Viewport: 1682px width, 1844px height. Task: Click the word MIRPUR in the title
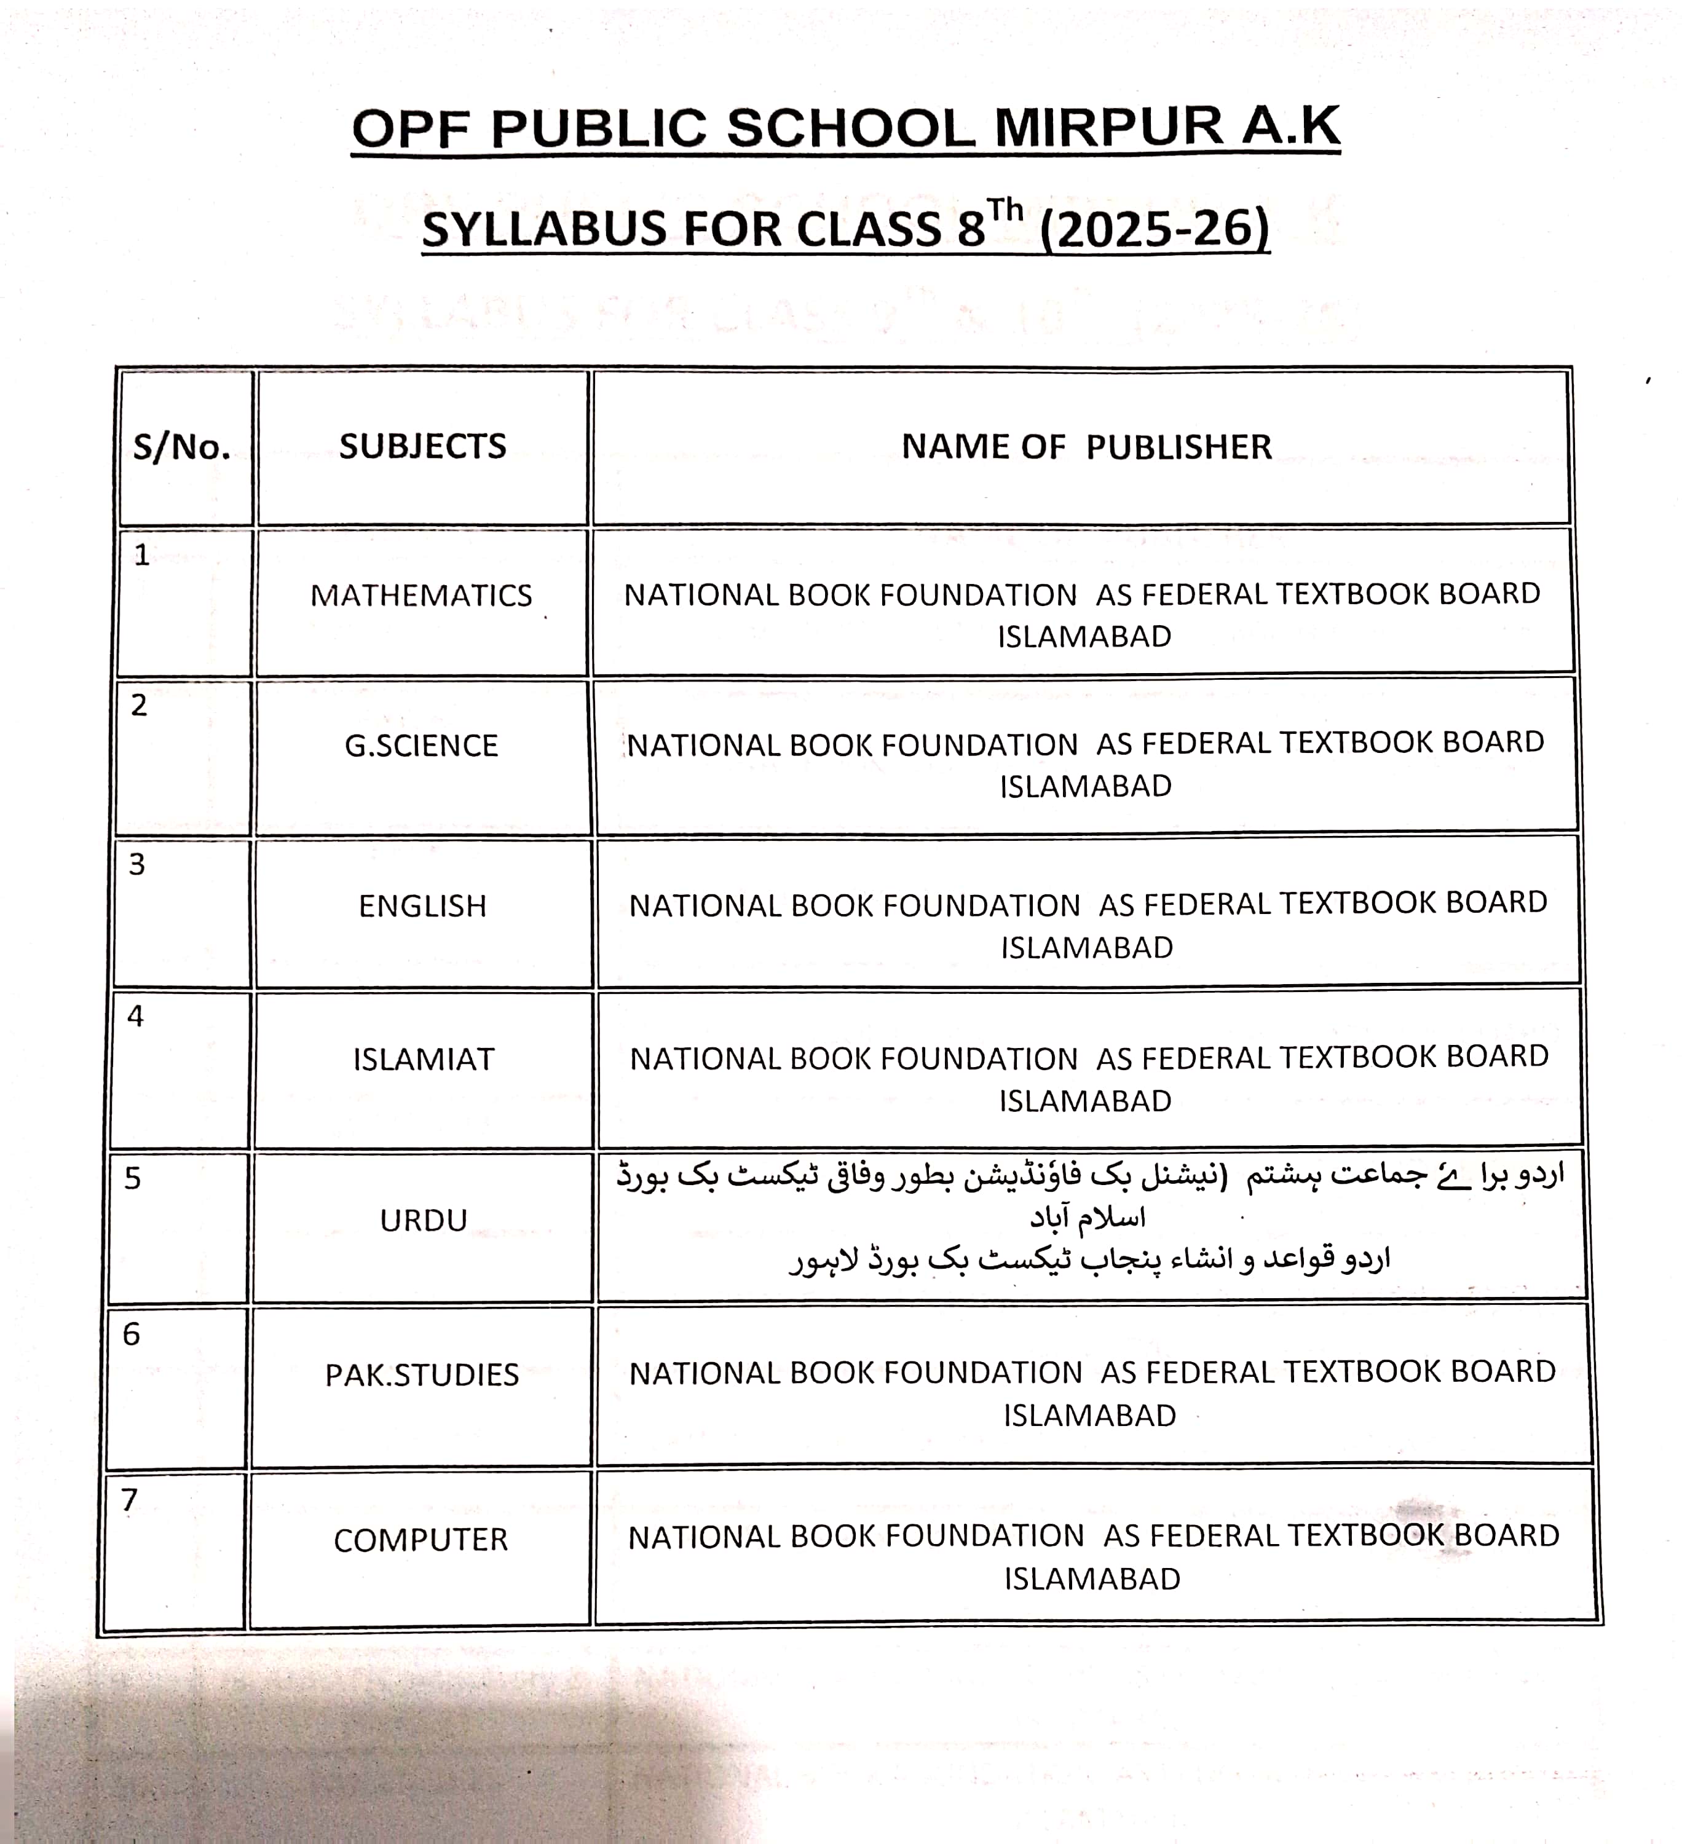point(1108,127)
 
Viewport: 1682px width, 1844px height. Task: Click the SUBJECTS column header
point(422,446)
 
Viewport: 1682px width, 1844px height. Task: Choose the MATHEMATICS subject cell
point(421,596)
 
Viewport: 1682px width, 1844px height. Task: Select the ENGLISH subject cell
point(422,905)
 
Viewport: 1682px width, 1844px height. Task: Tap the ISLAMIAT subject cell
point(424,1059)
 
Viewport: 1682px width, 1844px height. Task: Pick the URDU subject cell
point(424,1220)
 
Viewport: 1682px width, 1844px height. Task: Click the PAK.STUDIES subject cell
point(422,1375)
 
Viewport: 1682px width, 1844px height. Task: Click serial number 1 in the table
point(142,555)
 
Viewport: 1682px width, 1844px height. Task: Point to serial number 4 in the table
point(135,1016)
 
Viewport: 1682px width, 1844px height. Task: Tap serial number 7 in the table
point(130,1500)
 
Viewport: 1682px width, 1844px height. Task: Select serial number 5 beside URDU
point(133,1178)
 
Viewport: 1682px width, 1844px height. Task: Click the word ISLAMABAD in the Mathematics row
point(1084,637)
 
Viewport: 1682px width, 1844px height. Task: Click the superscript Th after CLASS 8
point(1005,210)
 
